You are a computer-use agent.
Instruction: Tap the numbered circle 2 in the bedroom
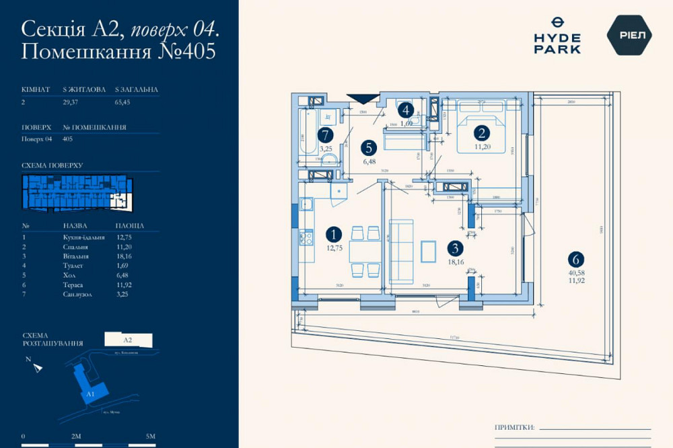click(x=481, y=133)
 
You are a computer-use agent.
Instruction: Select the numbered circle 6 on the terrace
click(x=575, y=258)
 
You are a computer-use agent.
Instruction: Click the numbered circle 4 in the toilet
click(x=405, y=110)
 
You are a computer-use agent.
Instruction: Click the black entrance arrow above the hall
click(x=359, y=98)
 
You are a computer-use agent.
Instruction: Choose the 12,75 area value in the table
click(x=126, y=237)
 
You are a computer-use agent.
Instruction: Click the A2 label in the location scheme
click(x=128, y=340)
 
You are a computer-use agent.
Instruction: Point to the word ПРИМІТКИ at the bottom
click(x=514, y=427)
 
